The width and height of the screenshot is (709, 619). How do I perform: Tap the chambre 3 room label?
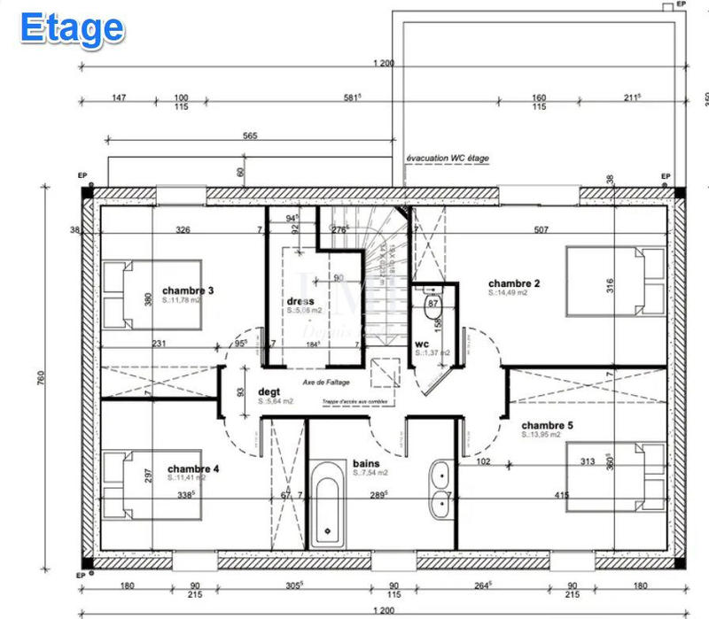pyautogui.click(x=187, y=290)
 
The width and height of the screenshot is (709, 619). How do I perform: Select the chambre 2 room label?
pyautogui.click(x=514, y=283)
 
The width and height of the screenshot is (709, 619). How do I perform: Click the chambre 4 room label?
pyautogui.click(x=192, y=468)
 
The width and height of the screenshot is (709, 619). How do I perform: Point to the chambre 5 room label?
pyautogui.click(x=547, y=425)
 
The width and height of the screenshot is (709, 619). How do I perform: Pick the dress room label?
pyautogui.click(x=300, y=301)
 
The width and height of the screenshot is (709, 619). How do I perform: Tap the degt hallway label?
pyautogui.click(x=269, y=391)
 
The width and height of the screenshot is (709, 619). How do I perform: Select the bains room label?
pyautogui.click(x=365, y=463)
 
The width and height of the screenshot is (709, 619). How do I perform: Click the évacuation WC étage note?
pyautogui.click(x=447, y=159)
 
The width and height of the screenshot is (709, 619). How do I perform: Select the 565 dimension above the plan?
pyautogui.click(x=249, y=135)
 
